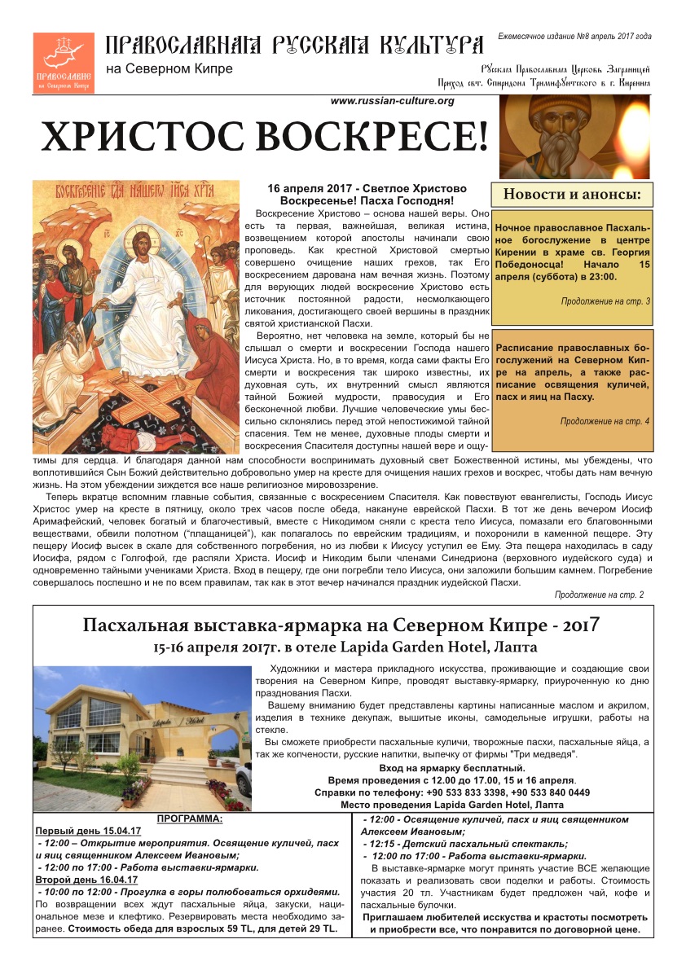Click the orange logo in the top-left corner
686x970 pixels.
point(63,63)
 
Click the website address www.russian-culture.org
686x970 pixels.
point(392,101)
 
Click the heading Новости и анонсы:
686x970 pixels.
point(571,195)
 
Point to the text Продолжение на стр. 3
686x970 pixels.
point(605,302)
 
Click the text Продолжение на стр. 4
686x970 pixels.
point(605,421)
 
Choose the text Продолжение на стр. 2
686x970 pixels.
point(599,595)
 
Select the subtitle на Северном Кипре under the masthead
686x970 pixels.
point(169,68)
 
